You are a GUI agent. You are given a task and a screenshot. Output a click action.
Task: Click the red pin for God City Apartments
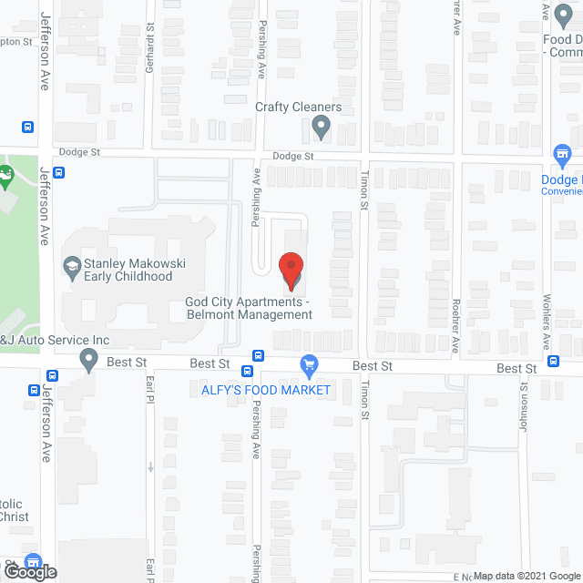pyautogui.click(x=291, y=271)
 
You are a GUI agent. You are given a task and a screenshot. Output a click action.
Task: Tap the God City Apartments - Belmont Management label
pyautogui.click(x=249, y=308)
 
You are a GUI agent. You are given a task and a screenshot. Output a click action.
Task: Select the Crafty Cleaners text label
pyautogui.click(x=298, y=107)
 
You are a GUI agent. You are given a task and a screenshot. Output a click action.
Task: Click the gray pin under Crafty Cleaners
pyautogui.click(x=320, y=128)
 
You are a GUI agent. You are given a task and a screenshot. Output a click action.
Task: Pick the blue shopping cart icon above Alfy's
pyautogui.click(x=309, y=366)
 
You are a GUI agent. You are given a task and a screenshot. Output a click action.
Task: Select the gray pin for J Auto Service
pyautogui.click(x=88, y=360)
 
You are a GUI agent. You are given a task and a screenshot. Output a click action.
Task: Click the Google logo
pyautogui.click(x=29, y=572)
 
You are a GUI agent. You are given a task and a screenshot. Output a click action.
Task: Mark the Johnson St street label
pyautogui.click(x=525, y=397)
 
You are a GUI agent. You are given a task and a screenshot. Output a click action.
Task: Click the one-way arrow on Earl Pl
pyautogui.click(x=151, y=467)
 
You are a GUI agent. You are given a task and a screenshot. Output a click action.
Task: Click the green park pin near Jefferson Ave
pyautogui.click(x=7, y=175)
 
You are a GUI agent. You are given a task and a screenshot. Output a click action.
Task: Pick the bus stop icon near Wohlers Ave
pyautogui.click(x=554, y=361)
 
